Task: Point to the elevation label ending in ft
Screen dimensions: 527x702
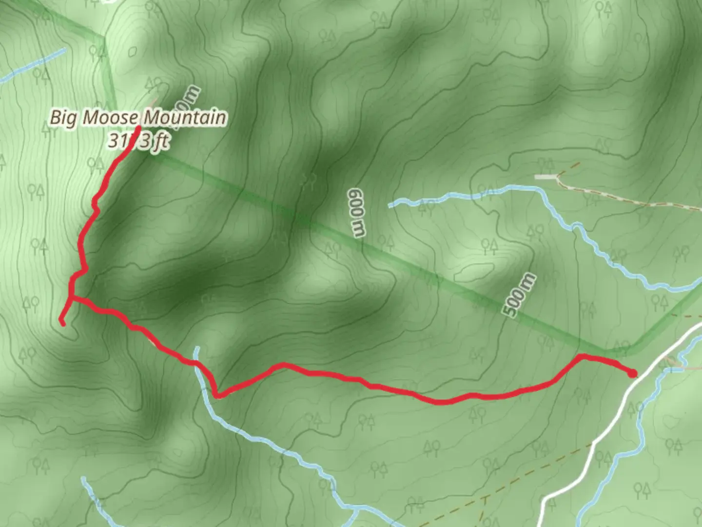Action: (x=138, y=141)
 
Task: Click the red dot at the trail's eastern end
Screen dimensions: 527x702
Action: (x=632, y=374)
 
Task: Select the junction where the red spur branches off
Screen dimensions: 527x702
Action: (x=71, y=298)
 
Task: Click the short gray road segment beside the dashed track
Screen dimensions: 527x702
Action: (x=546, y=177)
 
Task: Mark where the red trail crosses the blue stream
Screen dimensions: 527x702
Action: (x=196, y=363)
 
